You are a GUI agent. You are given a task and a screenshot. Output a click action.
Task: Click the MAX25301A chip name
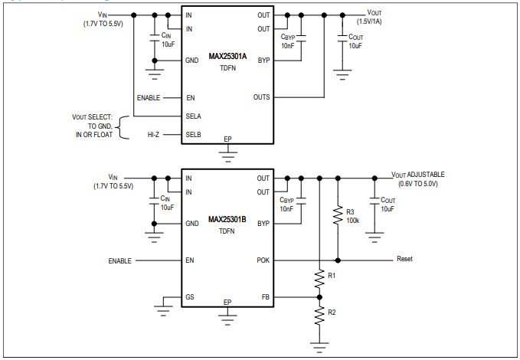click(228, 60)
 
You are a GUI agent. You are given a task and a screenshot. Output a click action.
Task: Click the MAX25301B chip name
click(228, 220)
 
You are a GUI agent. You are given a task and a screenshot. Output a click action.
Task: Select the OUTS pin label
click(262, 97)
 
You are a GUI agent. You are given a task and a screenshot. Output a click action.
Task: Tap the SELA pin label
click(194, 116)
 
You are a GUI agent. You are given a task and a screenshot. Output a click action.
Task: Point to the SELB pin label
click(194, 134)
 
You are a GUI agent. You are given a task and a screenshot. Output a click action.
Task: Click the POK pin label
click(263, 260)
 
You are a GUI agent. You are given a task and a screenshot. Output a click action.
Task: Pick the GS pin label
click(191, 296)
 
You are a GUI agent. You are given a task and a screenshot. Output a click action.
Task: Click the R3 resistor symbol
click(337, 216)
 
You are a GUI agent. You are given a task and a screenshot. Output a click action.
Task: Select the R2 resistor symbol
click(319, 316)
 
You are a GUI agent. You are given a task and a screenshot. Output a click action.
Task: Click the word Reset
click(404, 259)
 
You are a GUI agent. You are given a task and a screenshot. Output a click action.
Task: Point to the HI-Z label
click(154, 134)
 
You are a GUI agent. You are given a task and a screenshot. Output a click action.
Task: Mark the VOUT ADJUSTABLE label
click(417, 175)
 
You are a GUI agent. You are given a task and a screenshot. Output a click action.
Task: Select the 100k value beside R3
click(352, 220)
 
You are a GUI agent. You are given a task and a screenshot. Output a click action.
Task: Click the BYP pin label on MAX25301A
click(263, 61)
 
